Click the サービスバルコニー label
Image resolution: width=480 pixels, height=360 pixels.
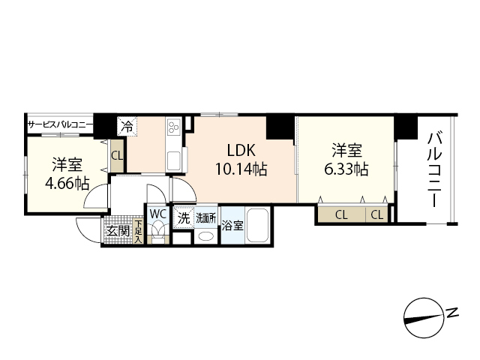[60, 125]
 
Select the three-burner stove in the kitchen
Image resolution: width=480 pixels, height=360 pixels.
[173, 128]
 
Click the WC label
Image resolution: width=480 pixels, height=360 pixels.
[157, 214]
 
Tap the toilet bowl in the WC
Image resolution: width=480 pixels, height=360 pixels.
[157, 232]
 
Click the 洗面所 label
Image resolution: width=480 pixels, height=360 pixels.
[206, 218]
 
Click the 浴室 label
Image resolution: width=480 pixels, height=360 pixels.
[232, 224]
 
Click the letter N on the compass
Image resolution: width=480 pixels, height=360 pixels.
[452, 312]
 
